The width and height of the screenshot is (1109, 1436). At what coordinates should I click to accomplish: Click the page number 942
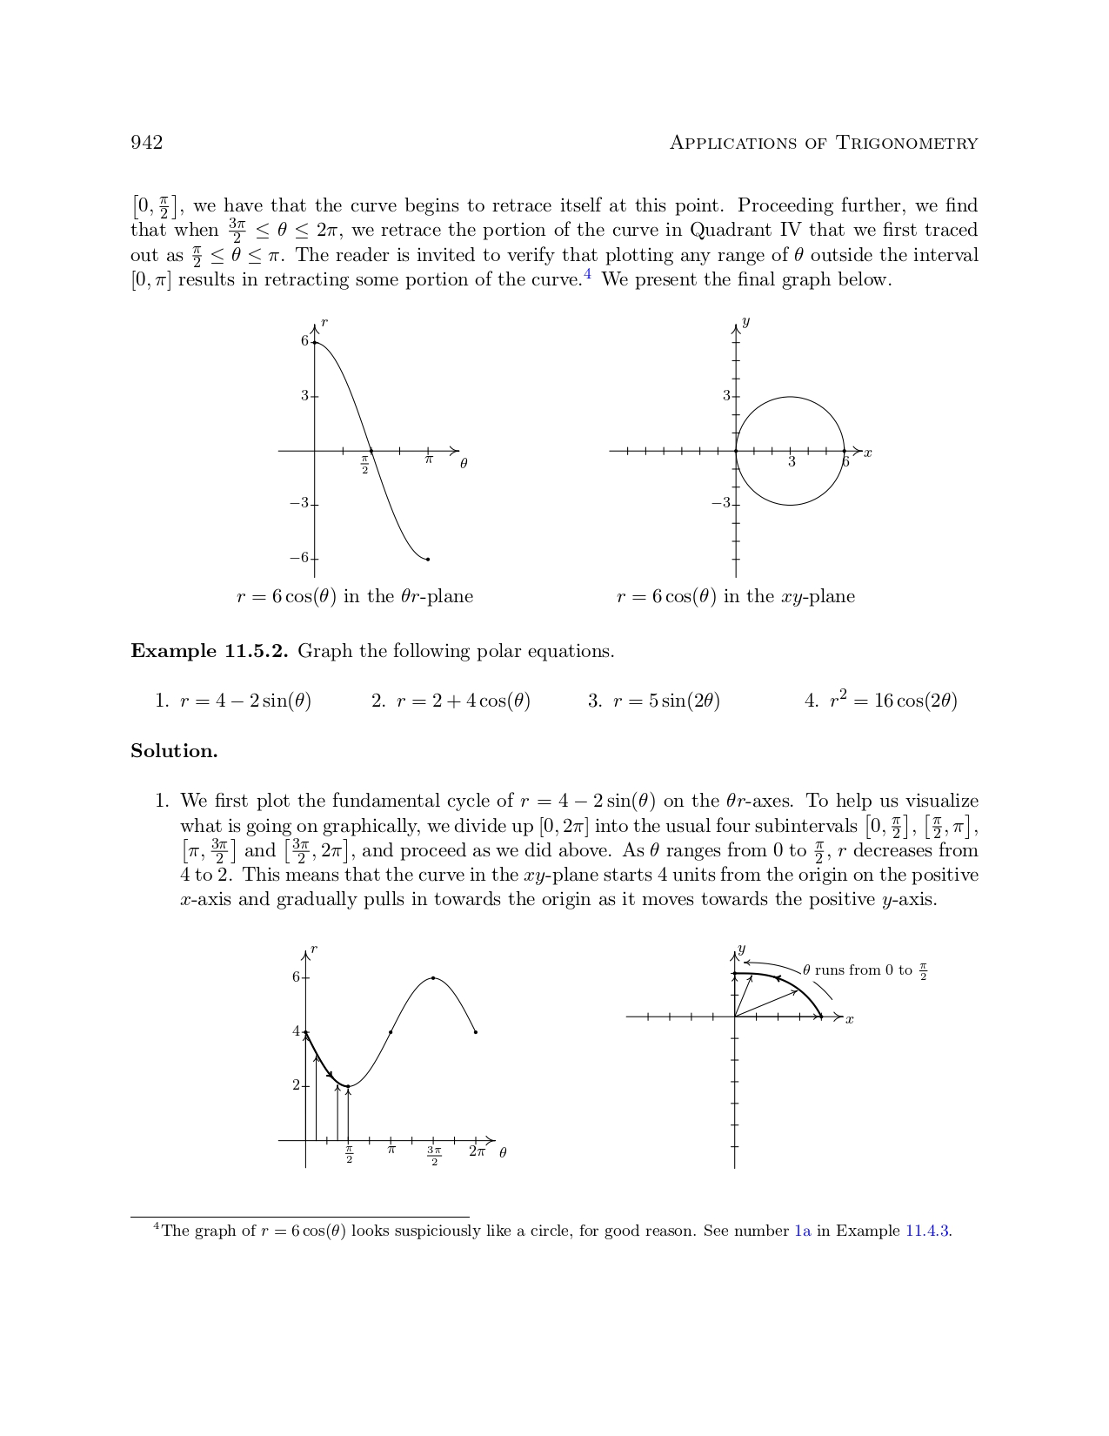tap(146, 143)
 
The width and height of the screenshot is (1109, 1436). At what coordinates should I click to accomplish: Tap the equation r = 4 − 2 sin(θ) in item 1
tap(245, 701)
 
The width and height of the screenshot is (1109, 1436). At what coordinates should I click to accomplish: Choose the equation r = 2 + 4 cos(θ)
tap(463, 701)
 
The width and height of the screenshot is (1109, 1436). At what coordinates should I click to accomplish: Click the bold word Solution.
tap(174, 751)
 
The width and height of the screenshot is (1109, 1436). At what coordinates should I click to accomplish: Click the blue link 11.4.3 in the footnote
tap(928, 1231)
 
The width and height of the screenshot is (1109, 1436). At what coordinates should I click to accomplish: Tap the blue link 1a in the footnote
tap(803, 1231)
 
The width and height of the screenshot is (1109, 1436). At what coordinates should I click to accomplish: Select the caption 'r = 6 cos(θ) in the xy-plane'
tap(735, 597)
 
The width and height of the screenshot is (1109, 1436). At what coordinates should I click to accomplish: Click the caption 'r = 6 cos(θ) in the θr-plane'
tap(355, 597)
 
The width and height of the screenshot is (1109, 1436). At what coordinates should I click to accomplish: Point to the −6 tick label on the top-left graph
tap(299, 558)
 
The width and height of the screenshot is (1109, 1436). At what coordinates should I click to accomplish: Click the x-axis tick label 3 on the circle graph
tap(792, 462)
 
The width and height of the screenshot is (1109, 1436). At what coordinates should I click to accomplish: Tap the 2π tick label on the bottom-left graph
tap(477, 1151)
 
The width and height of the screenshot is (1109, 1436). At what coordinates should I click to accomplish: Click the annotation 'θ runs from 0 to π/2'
tap(865, 970)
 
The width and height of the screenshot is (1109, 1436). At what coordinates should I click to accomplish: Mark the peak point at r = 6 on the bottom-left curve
tap(433, 978)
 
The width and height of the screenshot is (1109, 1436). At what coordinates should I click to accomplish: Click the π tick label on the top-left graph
tap(429, 460)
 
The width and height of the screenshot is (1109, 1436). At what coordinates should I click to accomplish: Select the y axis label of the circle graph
tap(746, 322)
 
